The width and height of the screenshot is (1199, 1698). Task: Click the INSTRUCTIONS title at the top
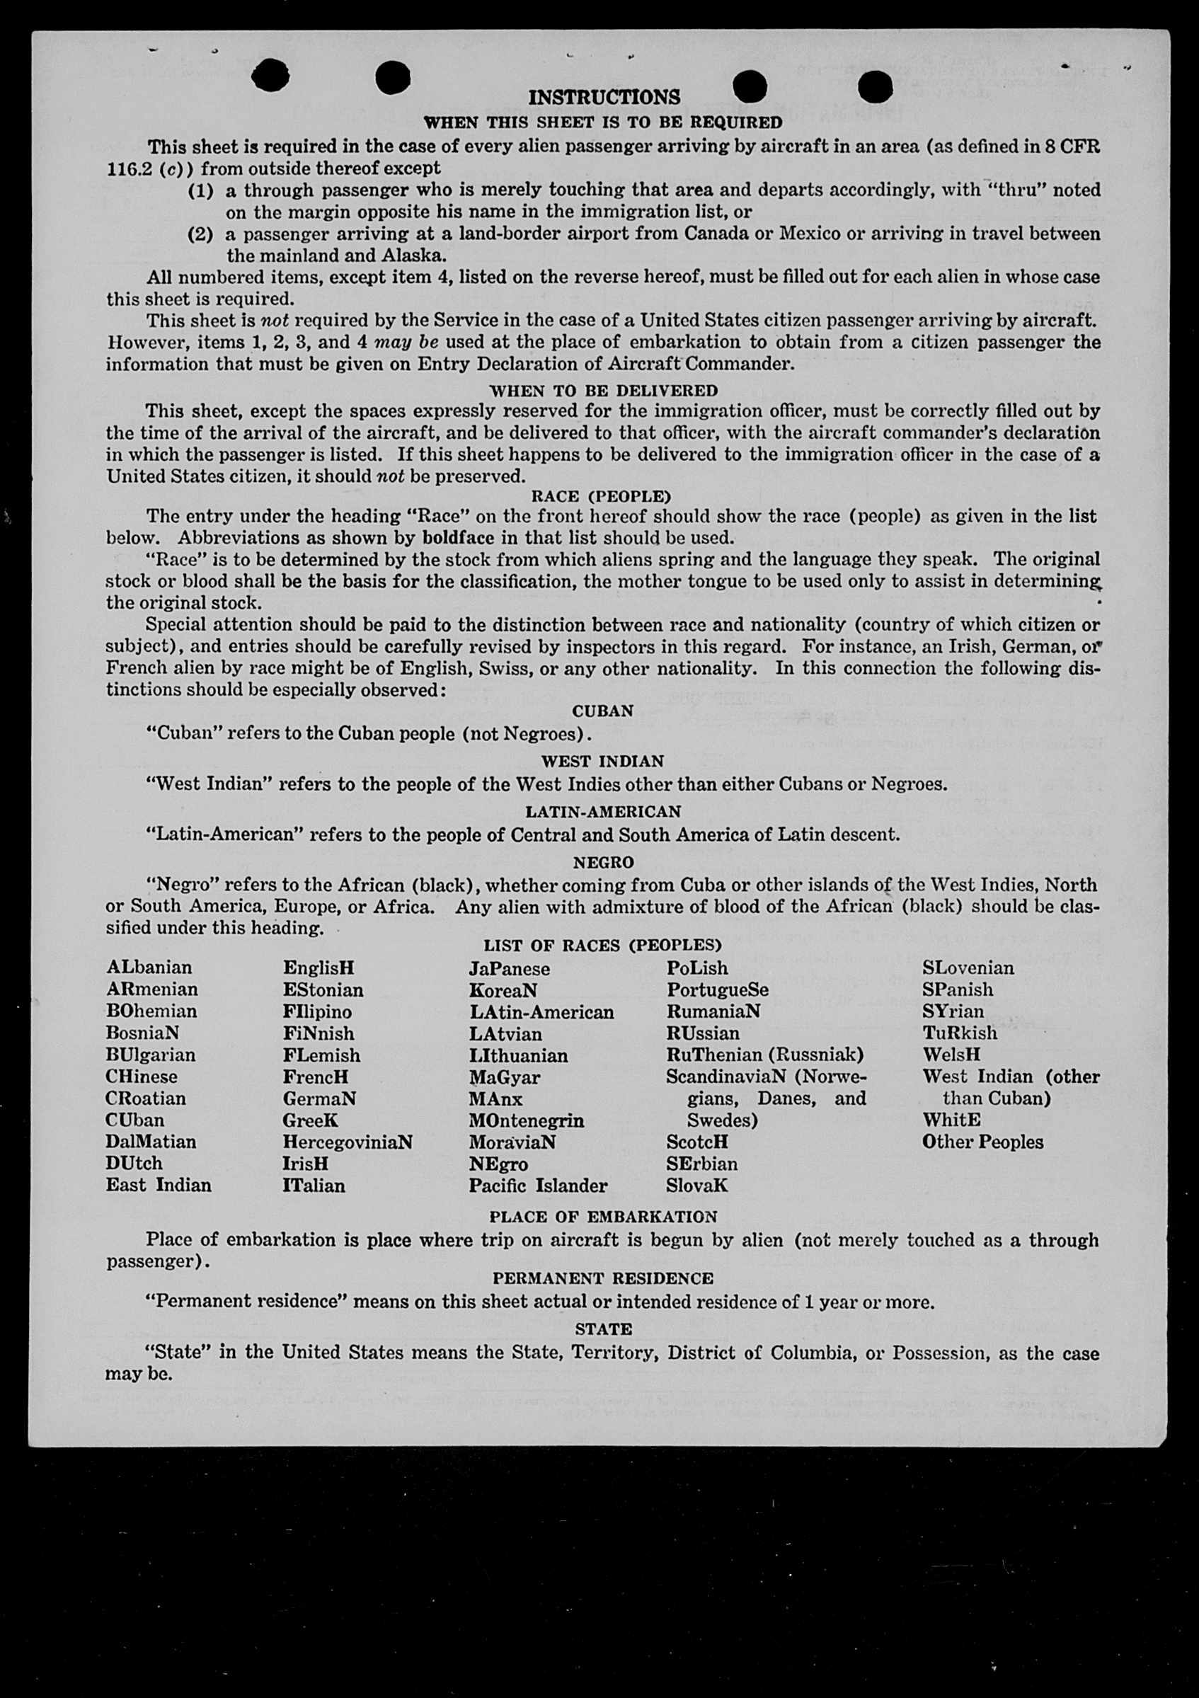point(604,97)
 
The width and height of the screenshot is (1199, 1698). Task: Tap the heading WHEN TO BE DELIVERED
point(604,390)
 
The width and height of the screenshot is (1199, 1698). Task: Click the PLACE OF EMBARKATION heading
point(603,1217)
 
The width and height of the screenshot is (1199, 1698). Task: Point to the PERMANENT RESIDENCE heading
point(603,1278)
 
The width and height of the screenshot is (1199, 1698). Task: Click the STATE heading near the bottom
point(604,1329)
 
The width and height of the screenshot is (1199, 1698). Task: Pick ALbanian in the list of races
point(149,968)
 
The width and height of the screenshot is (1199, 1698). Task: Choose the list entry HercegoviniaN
point(348,1142)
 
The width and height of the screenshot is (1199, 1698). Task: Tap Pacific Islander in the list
point(538,1186)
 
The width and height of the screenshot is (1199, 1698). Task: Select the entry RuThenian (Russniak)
point(765,1055)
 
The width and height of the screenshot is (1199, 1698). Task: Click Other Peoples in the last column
point(982,1142)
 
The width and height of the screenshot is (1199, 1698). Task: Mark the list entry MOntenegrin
point(526,1120)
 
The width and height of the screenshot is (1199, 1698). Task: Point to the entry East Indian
point(159,1186)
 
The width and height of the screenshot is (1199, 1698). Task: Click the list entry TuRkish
point(959,1033)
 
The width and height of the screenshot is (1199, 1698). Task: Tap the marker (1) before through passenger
point(200,190)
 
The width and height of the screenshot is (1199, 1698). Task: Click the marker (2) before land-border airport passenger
point(200,234)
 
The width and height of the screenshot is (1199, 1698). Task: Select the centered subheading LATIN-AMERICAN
point(603,811)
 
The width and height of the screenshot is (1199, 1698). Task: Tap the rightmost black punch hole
point(876,86)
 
